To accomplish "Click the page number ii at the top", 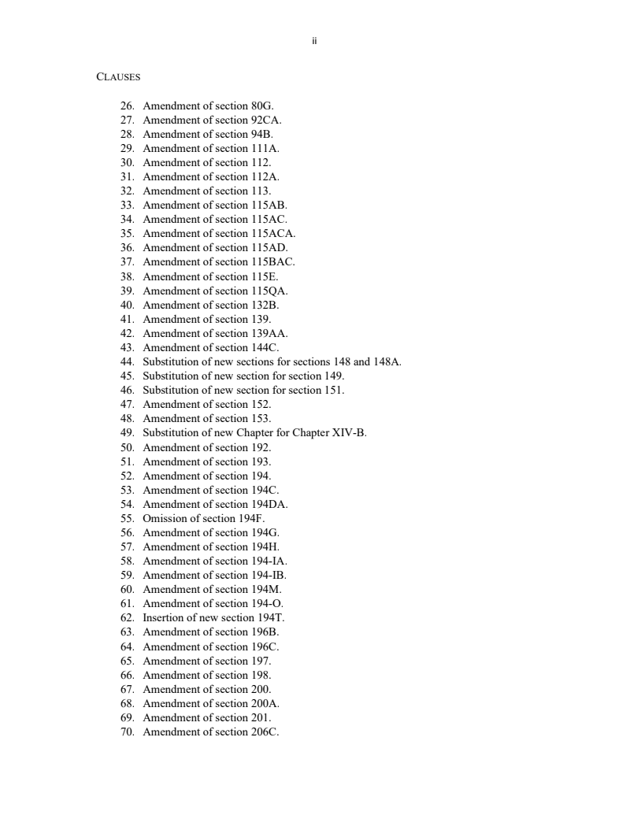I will (314, 41).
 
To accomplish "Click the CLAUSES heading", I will (118, 77).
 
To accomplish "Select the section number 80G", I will (262, 106).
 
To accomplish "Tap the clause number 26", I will (127, 106).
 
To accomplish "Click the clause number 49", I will (127, 433).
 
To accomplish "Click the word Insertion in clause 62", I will (165, 617).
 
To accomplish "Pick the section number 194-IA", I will (269, 561).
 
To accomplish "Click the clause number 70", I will (127, 732).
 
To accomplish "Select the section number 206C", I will (265, 732).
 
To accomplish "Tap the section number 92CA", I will (266, 120).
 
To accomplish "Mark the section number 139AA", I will (269, 333).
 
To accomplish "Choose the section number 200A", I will (265, 703).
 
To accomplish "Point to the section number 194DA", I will (269, 504).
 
